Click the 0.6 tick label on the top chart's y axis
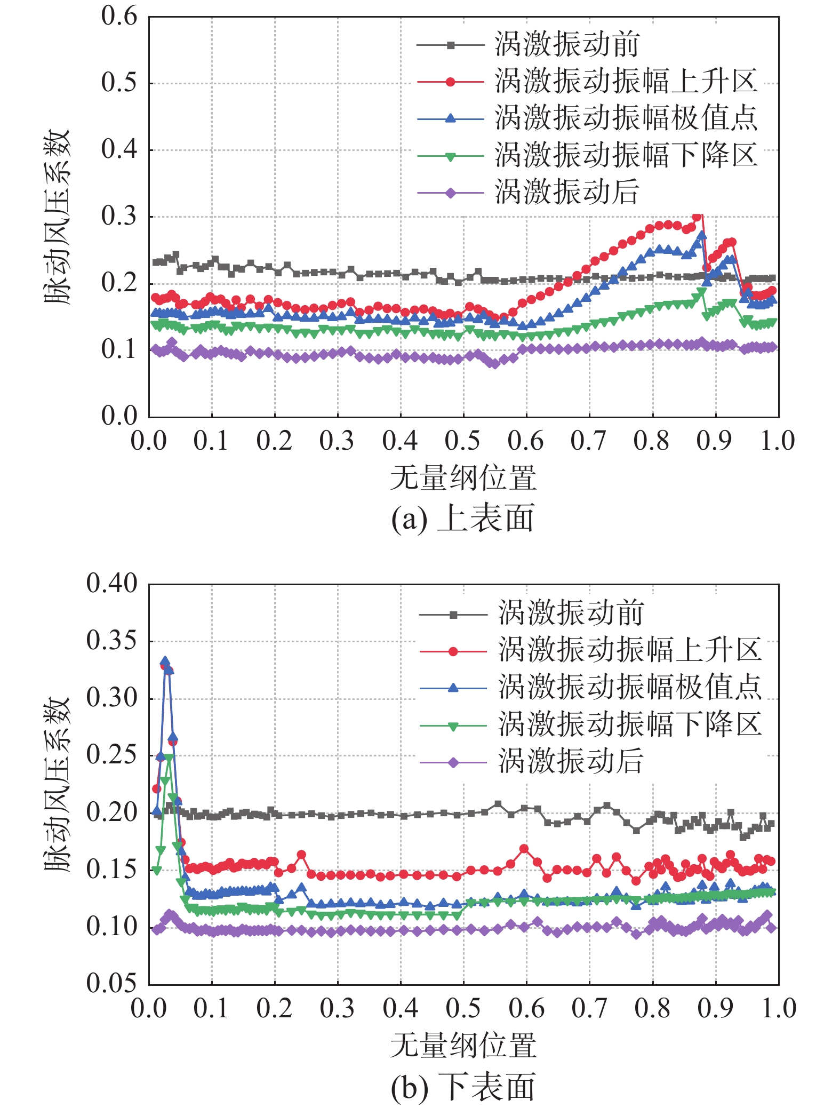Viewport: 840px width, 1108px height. [x=119, y=17]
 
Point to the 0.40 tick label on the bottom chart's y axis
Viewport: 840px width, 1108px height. [x=111, y=584]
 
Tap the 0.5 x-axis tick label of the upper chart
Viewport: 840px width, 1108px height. [x=463, y=441]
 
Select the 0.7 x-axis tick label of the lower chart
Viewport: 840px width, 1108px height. [x=589, y=1008]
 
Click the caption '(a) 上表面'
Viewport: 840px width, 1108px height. [x=462, y=518]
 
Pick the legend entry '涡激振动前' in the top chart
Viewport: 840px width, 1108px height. [x=566, y=44]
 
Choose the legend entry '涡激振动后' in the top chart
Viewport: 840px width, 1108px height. [x=566, y=192]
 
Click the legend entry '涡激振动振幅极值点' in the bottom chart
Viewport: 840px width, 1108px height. [x=629, y=687]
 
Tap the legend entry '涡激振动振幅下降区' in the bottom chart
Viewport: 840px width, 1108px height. [x=629, y=724]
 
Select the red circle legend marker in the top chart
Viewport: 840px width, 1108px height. [x=451, y=82]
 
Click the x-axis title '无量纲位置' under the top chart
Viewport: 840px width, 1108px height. [x=463, y=478]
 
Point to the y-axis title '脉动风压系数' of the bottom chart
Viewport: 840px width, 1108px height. [x=58, y=784]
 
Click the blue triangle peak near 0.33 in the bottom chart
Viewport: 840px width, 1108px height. [x=165, y=661]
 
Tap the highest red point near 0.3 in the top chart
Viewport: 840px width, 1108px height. [x=697, y=217]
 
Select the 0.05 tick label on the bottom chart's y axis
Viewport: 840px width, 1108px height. [x=111, y=983]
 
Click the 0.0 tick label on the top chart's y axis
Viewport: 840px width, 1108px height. [x=119, y=416]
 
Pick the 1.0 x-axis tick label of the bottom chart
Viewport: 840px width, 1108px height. [x=778, y=1008]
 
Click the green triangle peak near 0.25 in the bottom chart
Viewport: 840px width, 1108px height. [x=169, y=758]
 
